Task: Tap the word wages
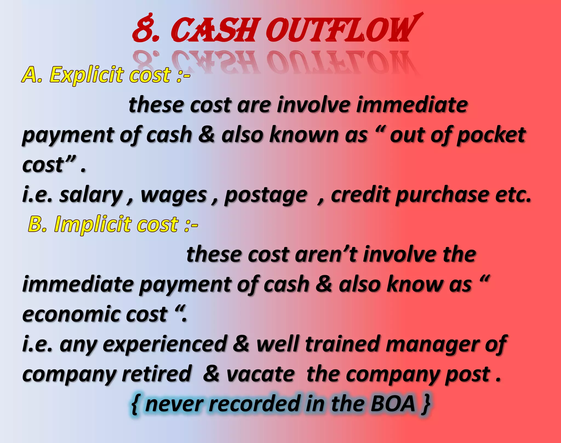174,195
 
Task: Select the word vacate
261,374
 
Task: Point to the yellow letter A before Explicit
30,74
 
